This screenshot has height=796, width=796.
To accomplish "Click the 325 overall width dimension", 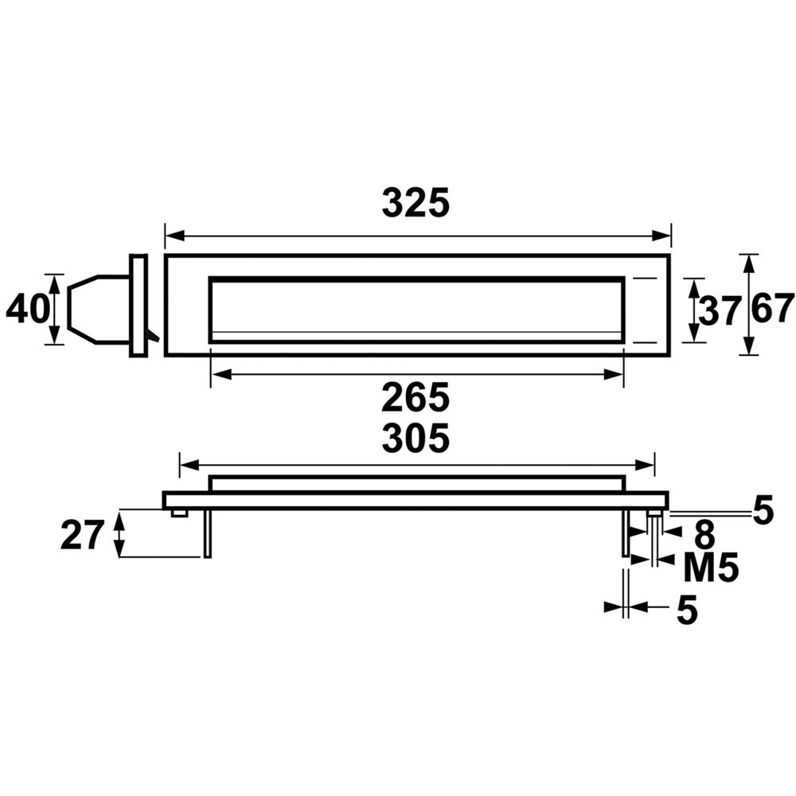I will (416, 204).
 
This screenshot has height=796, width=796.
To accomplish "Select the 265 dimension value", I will (416, 396).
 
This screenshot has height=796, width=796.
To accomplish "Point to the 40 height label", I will (27, 309).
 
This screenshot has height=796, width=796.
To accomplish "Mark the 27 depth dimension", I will (82, 535).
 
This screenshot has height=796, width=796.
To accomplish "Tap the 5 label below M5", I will (687, 611).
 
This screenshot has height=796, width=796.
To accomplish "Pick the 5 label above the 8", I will (763, 511).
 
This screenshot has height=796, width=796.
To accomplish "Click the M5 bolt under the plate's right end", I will (654, 537).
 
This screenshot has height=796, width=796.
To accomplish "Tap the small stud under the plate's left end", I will (179, 513).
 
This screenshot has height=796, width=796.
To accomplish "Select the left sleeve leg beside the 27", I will (208, 533).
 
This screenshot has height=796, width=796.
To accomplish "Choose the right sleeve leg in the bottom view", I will (626, 533).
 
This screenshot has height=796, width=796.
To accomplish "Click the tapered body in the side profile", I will (97, 309).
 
